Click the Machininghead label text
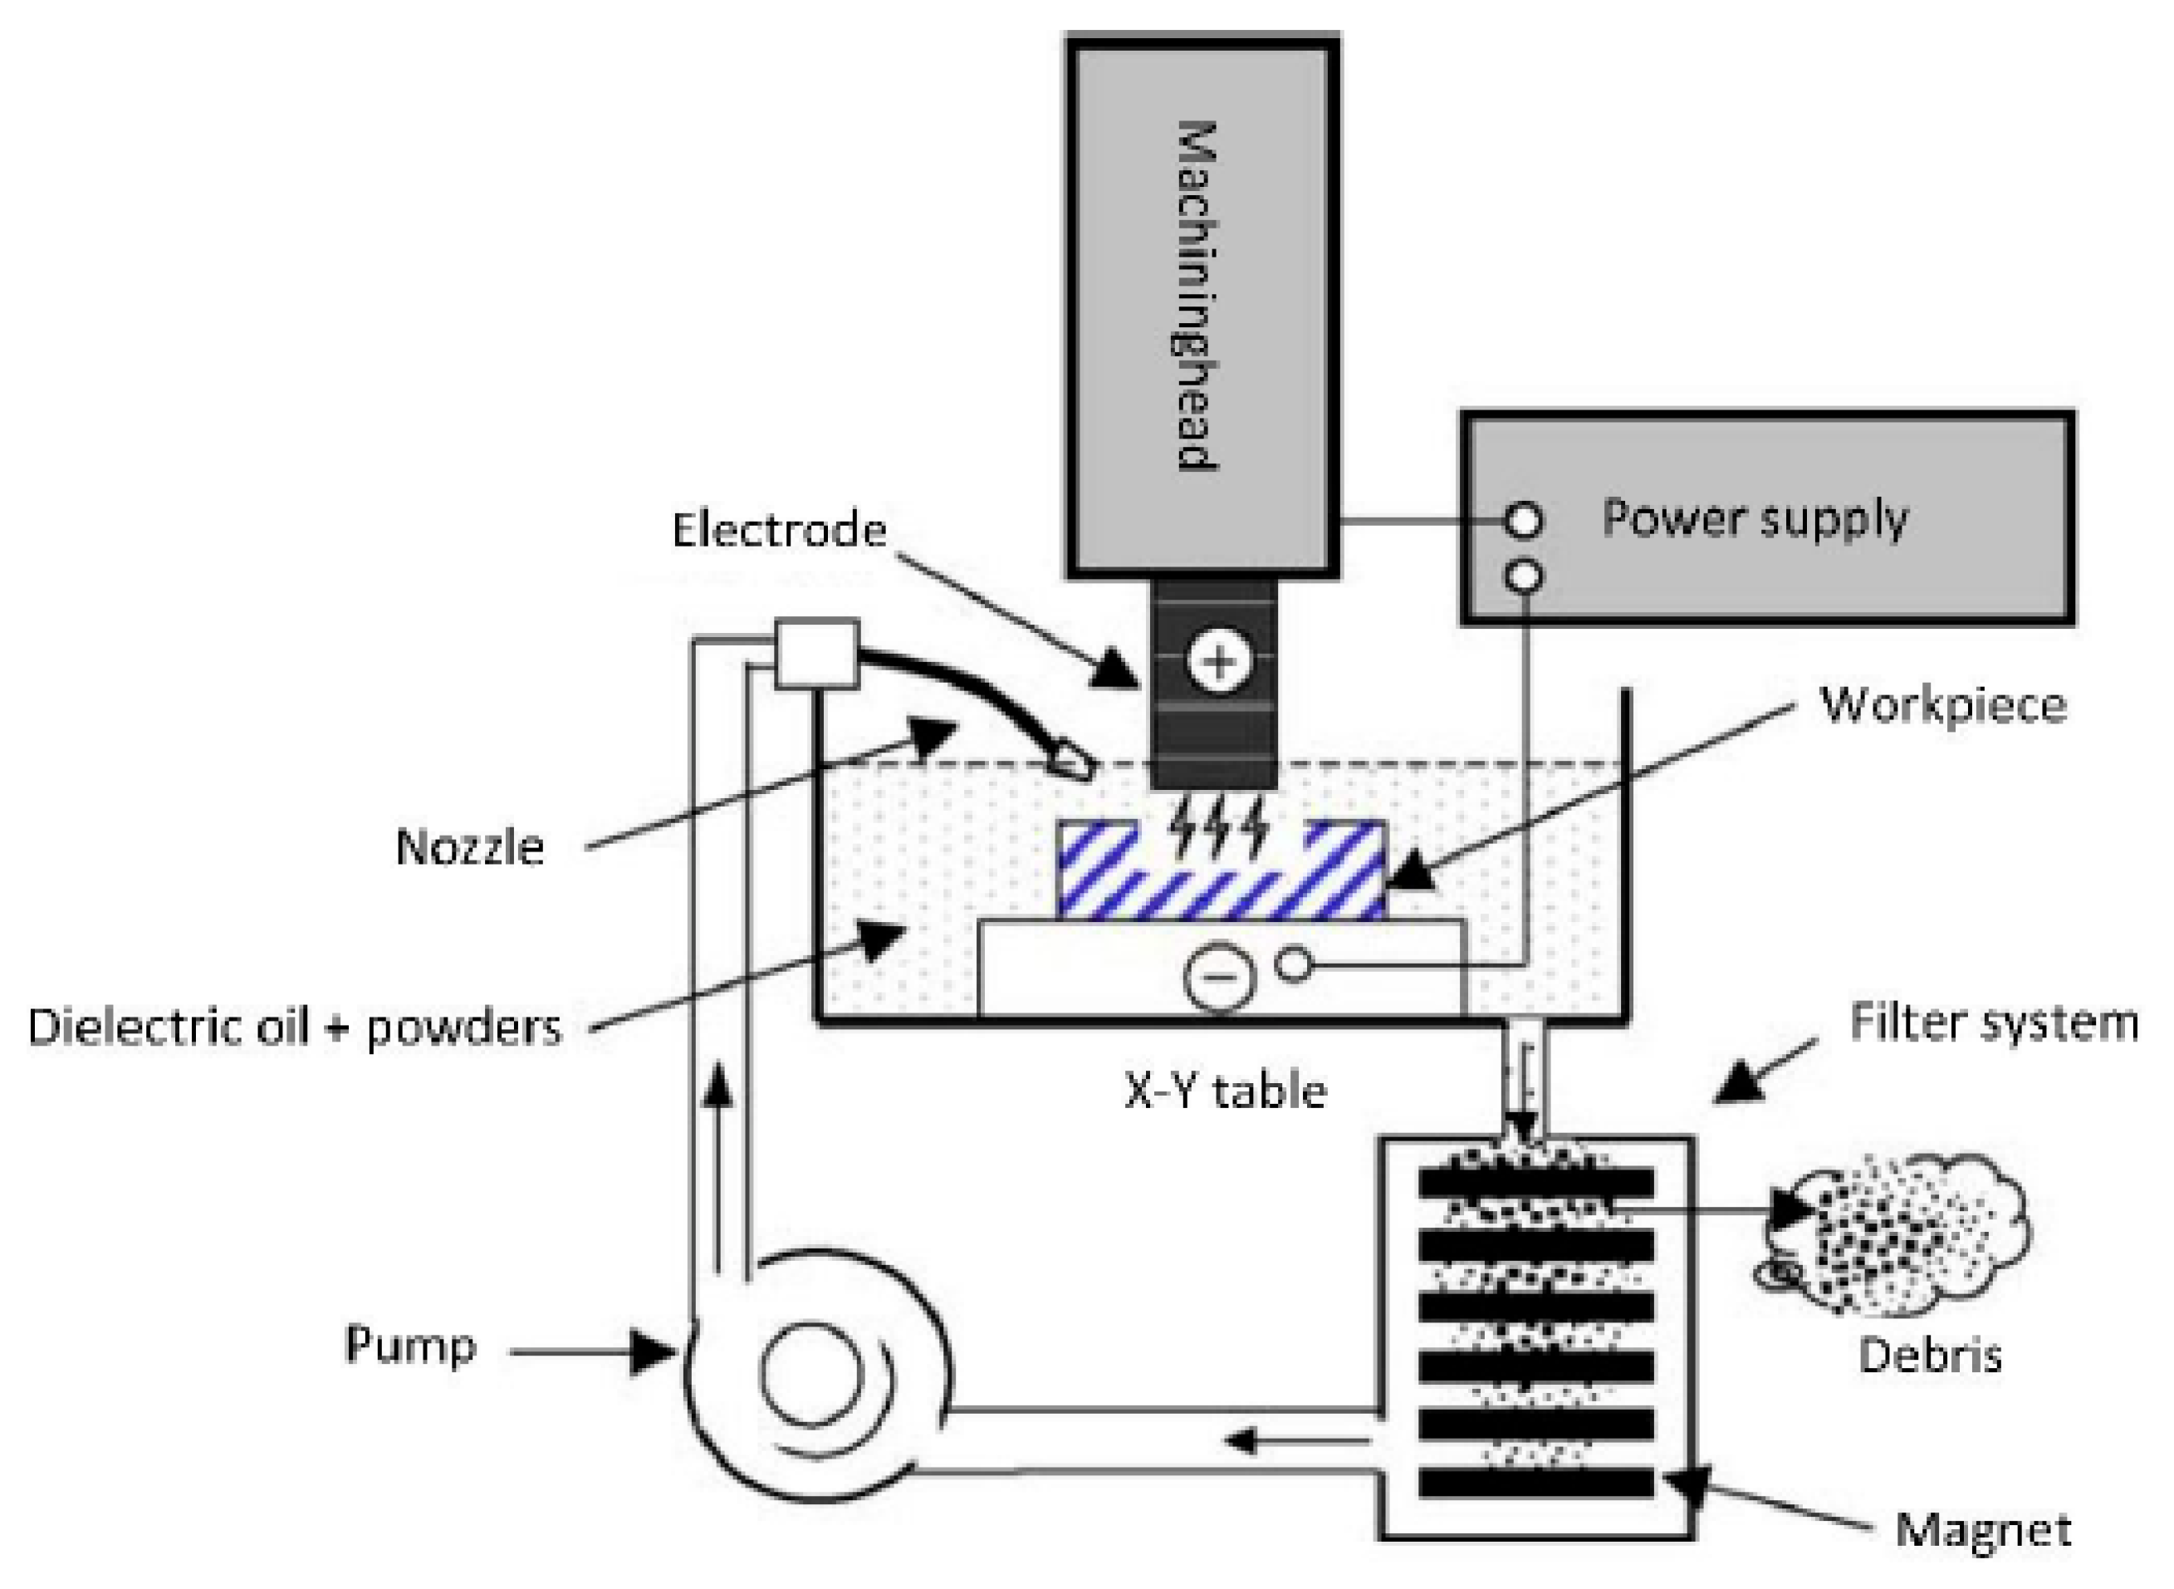[1198, 296]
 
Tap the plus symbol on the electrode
[1218, 662]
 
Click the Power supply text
[1754, 519]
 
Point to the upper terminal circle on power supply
[1523, 522]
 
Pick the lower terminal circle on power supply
[1523, 576]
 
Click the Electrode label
[779, 530]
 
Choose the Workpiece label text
[1943, 705]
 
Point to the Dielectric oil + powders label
[294, 1027]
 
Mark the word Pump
[410, 1345]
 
